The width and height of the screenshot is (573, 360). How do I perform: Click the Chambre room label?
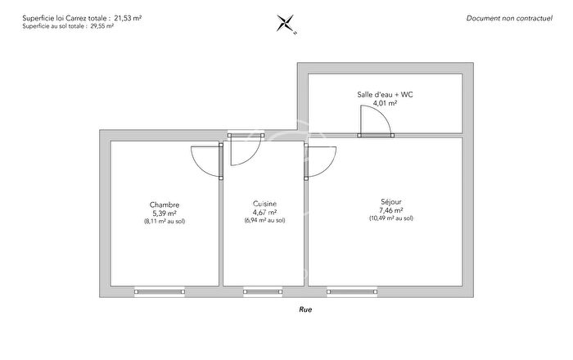tap(165, 205)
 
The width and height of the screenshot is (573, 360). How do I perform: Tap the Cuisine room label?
tap(264, 204)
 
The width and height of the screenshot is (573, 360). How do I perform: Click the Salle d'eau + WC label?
tap(385, 95)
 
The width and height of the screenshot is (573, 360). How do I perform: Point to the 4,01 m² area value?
tap(385, 104)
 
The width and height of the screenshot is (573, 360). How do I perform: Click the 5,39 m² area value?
tap(165, 214)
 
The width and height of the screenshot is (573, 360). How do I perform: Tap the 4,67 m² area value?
tap(264, 212)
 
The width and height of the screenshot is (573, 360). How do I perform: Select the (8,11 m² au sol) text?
tap(165, 222)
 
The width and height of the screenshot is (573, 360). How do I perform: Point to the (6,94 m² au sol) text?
tap(264, 220)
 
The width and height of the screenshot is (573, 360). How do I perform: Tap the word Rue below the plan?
tap(305, 310)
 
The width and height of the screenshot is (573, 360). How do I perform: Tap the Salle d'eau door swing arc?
tap(377, 123)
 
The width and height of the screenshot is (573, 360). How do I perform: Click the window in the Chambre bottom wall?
tap(160, 290)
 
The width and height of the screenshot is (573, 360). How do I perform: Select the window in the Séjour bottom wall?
tap(352, 290)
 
